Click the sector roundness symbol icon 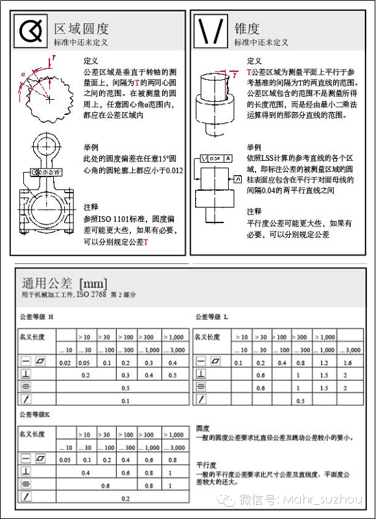pos(30,31)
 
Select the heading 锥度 pos(247,29)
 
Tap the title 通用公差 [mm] pos(64,283)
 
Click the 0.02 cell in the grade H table pos(65,362)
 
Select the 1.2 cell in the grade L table pos(325,362)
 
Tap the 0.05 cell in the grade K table pos(65,459)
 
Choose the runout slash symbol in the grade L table pos(202,400)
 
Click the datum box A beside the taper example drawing pos(237,178)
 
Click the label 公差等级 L pos(211,317)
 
